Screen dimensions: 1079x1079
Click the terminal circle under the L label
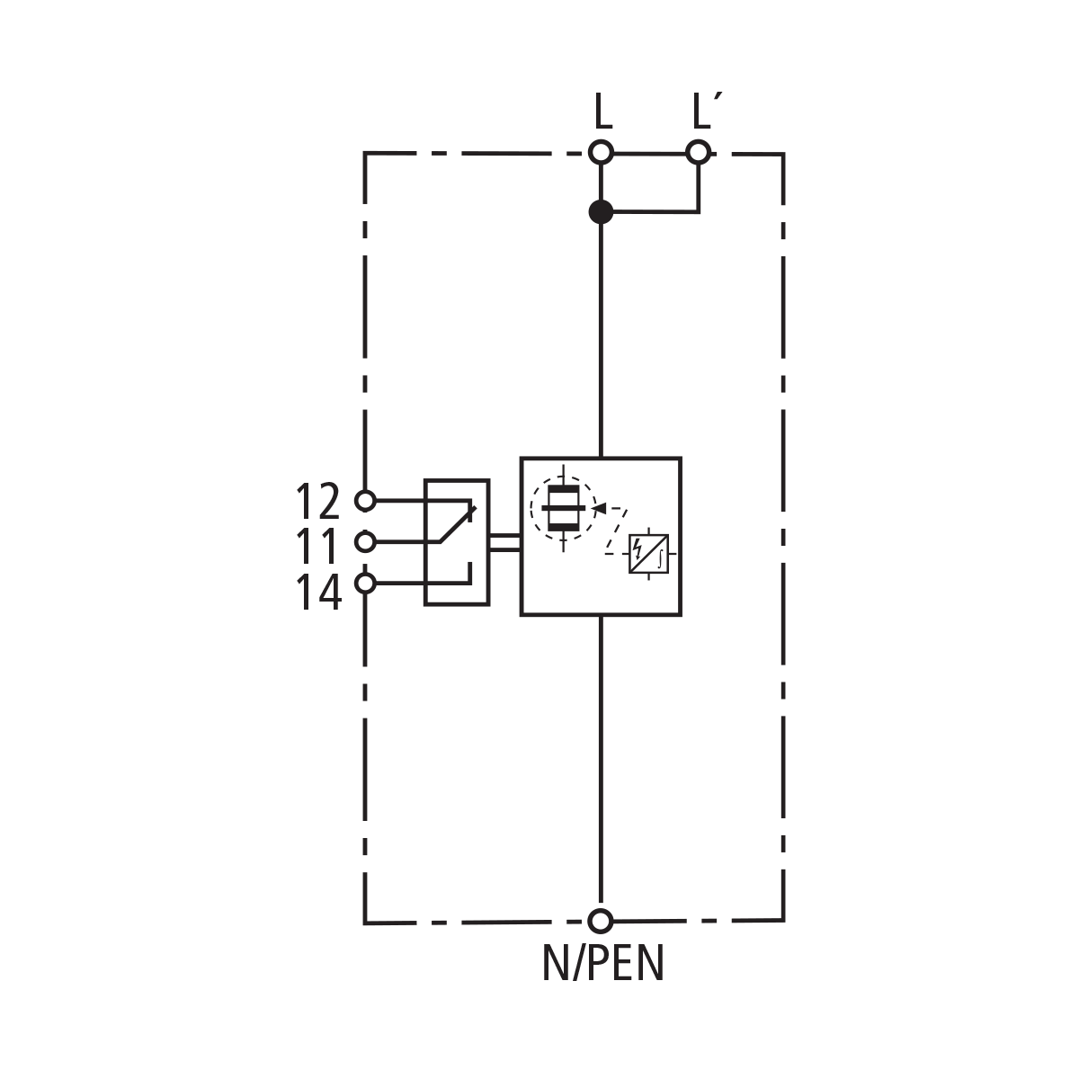(x=601, y=152)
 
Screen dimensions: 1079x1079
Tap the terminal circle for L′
(x=699, y=152)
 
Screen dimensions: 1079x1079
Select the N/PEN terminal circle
(x=601, y=921)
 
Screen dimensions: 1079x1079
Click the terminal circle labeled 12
(x=365, y=500)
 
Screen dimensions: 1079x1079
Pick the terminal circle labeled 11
(x=365, y=542)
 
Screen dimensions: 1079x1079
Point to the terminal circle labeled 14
(x=365, y=584)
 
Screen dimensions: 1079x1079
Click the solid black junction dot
(x=601, y=212)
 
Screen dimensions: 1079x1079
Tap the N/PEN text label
(x=602, y=964)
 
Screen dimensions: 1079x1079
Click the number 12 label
(x=318, y=502)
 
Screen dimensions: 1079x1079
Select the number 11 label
(x=318, y=547)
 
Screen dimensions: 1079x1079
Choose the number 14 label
(x=318, y=593)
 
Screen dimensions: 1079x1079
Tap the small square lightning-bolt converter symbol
(x=648, y=554)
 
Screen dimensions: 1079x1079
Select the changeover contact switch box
(x=457, y=542)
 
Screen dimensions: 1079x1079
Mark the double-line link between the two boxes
(x=504, y=541)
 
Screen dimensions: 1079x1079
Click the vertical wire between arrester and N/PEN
(x=601, y=764)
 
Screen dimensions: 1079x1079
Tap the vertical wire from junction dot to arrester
(x=601, y=342)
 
